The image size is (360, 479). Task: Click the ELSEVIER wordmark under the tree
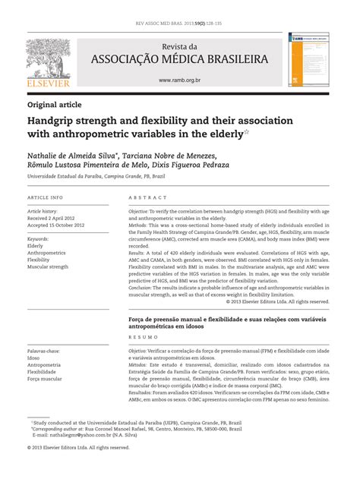[48, 84]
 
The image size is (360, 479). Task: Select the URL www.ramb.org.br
[179, 80]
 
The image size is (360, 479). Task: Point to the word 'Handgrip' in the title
[54, 121]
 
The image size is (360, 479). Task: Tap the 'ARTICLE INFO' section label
[46, 197]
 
